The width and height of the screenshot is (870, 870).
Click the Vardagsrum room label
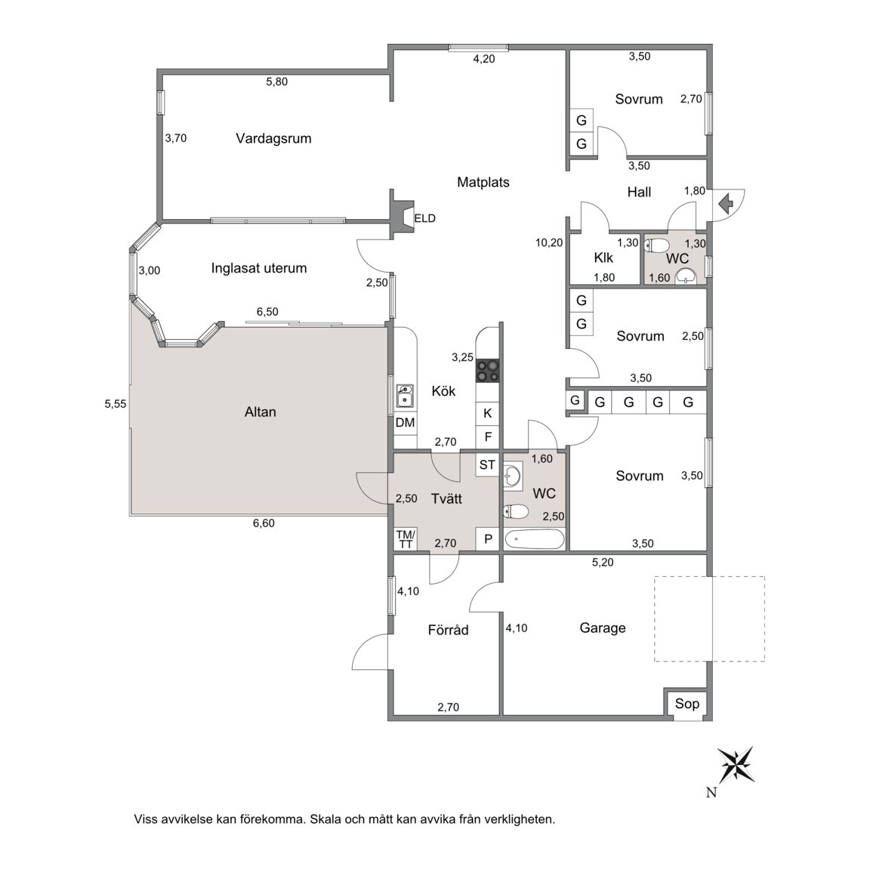[x=273, y=139]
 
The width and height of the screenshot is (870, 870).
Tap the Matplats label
[x=483, y=182]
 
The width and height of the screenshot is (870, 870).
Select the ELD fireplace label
[x=425, y=218]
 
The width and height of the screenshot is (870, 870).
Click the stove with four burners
[x=488, y=371]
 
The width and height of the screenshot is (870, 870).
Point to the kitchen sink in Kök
[x=405, y=396]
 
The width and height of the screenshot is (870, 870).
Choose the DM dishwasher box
[x=405, y=423]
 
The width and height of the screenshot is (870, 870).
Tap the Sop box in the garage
[x=687, y=704]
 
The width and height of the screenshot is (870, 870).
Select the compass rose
[x=736, y=764]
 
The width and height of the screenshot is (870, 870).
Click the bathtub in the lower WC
[x=535, y=539]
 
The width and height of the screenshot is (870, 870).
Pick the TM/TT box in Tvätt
[x=406, y=538]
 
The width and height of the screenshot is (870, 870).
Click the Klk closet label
[x=603, y=258]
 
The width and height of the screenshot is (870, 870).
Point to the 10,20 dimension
[x=549, y=242]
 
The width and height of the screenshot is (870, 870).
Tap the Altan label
[x=261, y=412]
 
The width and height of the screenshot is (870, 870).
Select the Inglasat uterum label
[x=259, y=269]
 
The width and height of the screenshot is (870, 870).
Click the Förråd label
[x=449, y=630]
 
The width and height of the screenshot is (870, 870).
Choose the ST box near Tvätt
[x=488, y=465]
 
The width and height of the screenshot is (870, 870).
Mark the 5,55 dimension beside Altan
[x=116, y=404]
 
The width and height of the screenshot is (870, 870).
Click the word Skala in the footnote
[x=325, y=819]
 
